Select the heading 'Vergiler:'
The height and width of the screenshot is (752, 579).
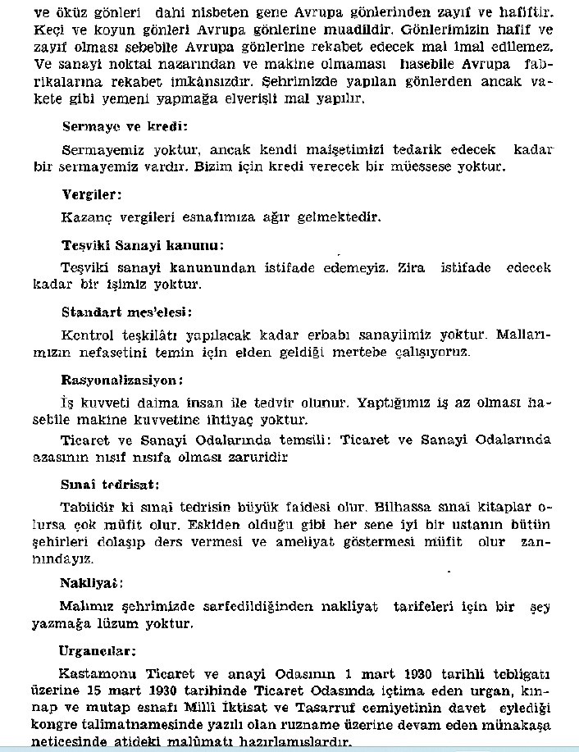coord(92,195)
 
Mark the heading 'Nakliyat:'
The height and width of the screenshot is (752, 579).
coord(91,584)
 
